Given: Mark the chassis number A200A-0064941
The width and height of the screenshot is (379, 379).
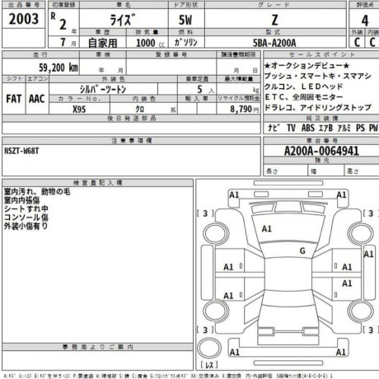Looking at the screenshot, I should pos(321,151).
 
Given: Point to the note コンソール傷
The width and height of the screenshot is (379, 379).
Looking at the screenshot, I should pos(28,218).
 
